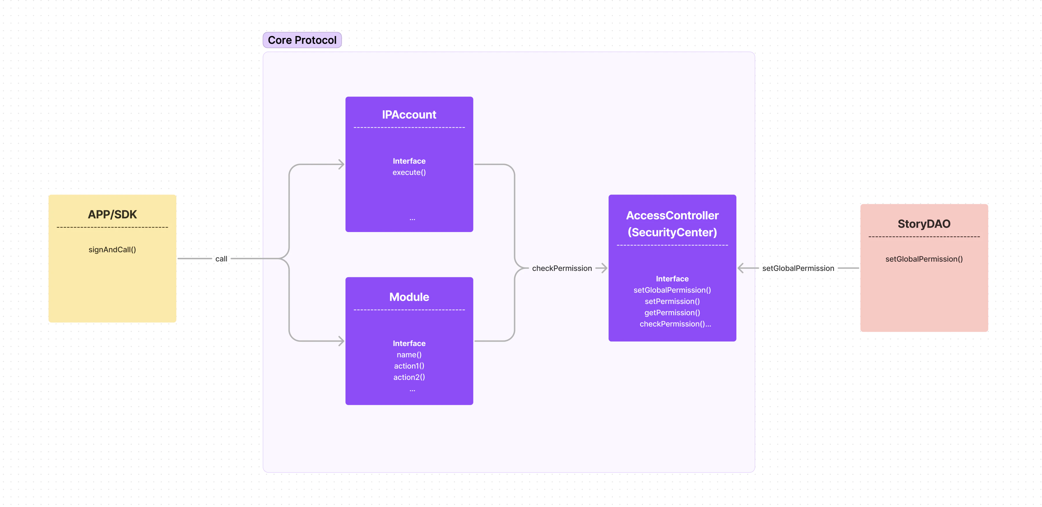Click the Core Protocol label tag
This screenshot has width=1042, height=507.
click(x=302, y=40)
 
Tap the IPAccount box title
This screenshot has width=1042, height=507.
click(x=409, y=115)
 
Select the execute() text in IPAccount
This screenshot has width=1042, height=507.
click(x=409, y=172)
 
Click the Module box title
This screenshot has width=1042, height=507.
click(x=409, y=297)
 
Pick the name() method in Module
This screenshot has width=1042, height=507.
click(x=409, y=354)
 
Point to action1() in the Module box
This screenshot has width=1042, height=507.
click(x=409, y=366)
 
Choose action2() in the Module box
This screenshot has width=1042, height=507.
click(x=409, y=377)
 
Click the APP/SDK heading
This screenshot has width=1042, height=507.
click(x=112, y=214)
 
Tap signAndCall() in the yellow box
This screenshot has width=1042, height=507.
click(x=112, y=250)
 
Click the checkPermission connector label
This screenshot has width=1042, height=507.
click(x=562, y=268)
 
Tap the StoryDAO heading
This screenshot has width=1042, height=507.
click(x=924, y=223)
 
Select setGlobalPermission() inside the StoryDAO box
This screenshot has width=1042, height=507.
click(x=924, y=259)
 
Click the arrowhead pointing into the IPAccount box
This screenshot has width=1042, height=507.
click(x=341, y=164)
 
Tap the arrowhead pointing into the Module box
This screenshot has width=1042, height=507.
click(x=341, y=341)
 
